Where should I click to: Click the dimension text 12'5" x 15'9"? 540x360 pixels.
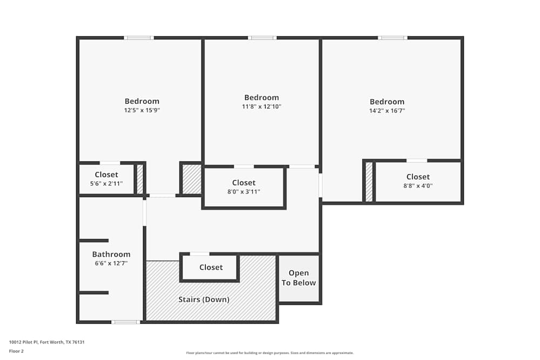click(x=142, y=110)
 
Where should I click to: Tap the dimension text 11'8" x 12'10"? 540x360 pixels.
click(x=261, y=107)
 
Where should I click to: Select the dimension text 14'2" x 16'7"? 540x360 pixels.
click(x=387, y=111)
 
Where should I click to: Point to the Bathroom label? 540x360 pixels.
click(x=111, y=254)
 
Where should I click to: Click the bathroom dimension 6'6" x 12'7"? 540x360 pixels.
click(x=111, y=263)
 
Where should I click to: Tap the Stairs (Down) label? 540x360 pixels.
click(x=204, y=299)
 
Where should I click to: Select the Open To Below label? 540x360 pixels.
click(x=299, y=278)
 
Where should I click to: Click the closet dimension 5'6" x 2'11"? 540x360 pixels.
click(x=106, y=184)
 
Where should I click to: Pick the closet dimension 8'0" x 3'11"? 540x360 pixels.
click(x=244, y=192)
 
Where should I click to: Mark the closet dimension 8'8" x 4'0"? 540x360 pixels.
click(x=418, y=186)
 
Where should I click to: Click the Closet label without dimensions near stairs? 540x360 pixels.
click(x=211, y=267)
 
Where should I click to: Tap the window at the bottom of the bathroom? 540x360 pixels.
click(x=125, y=322)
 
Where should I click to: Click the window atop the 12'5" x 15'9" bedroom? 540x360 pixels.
click(x=139, y=38)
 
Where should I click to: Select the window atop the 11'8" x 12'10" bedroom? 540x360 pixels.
click(x=262, y=38)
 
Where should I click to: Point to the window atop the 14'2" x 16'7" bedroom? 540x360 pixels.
click(x=392, y=38)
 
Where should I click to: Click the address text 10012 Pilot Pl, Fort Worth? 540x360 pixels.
click(x=47, y=342)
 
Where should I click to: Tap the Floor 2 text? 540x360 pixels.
click(x=16, y=351)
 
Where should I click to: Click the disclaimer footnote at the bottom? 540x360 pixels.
click(x=270, y=352)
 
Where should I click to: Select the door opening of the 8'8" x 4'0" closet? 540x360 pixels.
click(x=416, y=160)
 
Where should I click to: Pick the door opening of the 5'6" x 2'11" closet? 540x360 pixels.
click(x=110, y=162)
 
